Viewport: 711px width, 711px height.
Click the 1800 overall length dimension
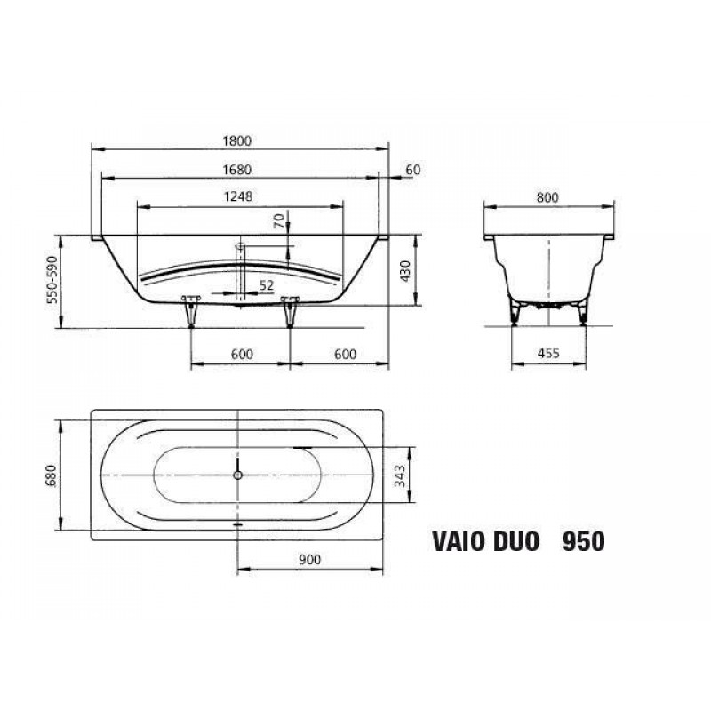click(236, 141)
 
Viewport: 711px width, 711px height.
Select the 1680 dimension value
click(236, 170)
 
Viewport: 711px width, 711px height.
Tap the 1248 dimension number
click(238, 196)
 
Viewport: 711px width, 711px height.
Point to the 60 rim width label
click(413, 170)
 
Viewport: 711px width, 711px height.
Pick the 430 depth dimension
click(405, 271)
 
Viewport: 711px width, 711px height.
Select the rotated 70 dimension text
click(280, 220)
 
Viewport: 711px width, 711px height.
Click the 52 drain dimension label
click(267, 285)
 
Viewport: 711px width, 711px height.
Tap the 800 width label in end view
click(547, 197)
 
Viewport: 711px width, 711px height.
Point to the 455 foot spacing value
click(548, 353)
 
